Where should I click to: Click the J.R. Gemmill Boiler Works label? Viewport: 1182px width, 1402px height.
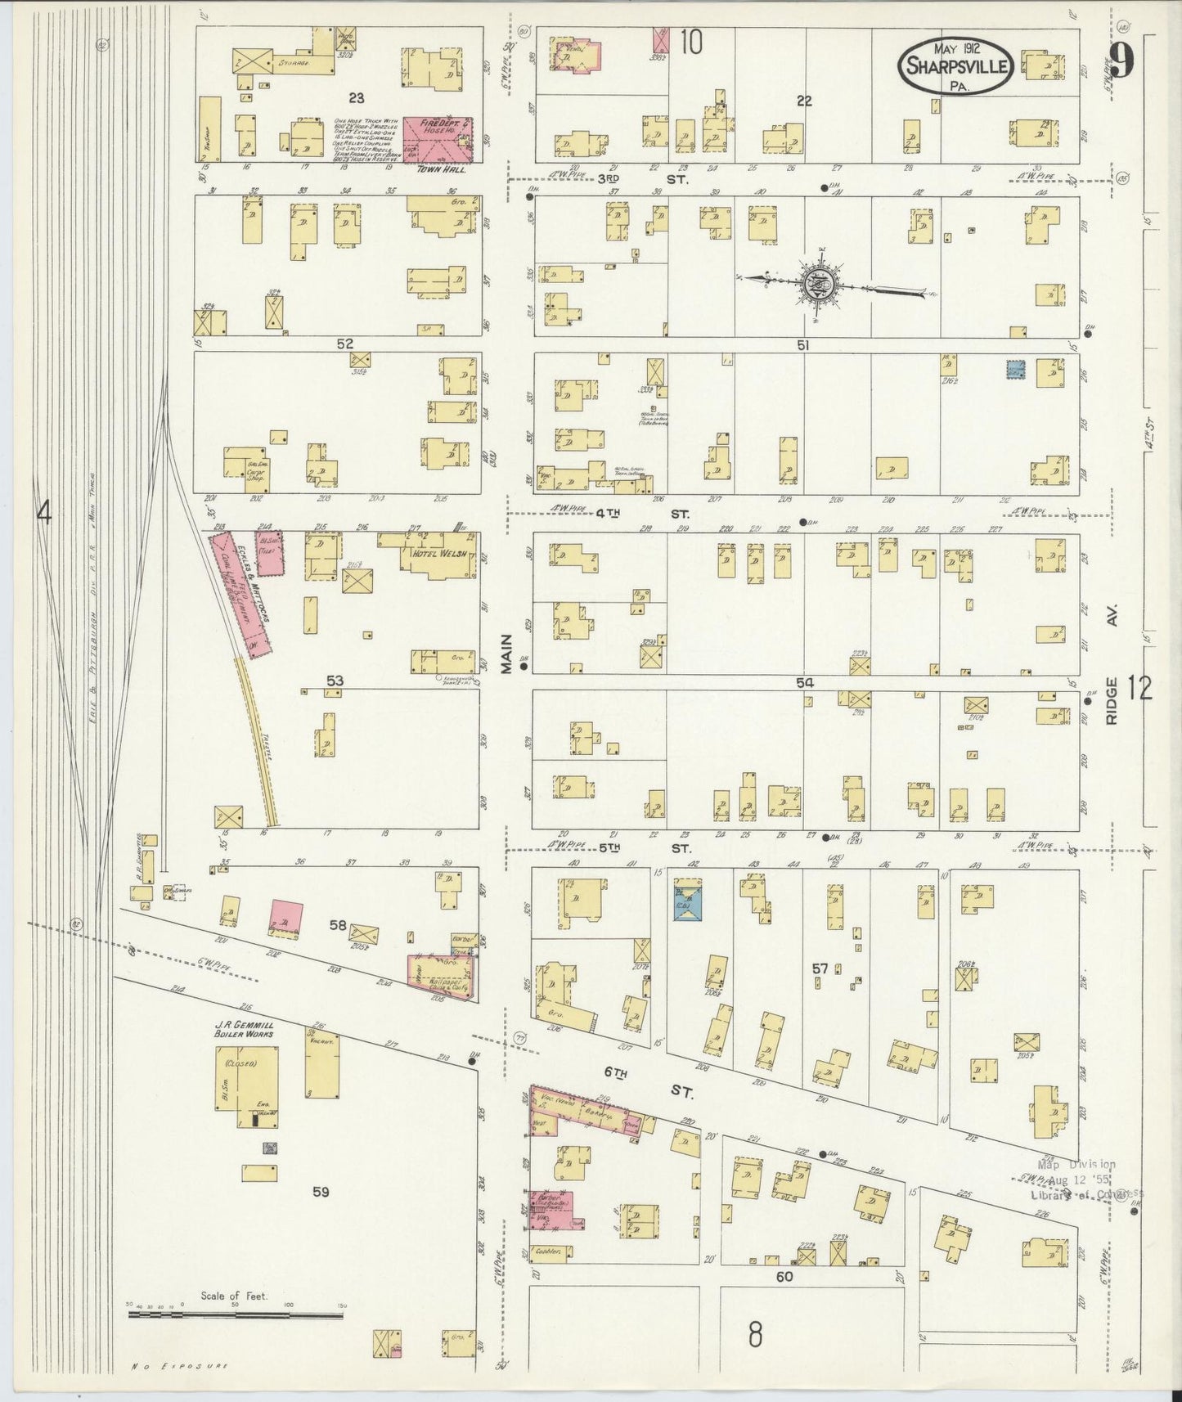click(x=244, y=1029)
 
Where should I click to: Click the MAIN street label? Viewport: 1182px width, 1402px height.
click(x=506, y=654)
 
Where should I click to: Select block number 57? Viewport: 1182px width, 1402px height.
click(x=820, y=968)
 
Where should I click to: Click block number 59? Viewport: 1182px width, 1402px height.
click(x=321, y=1192)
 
